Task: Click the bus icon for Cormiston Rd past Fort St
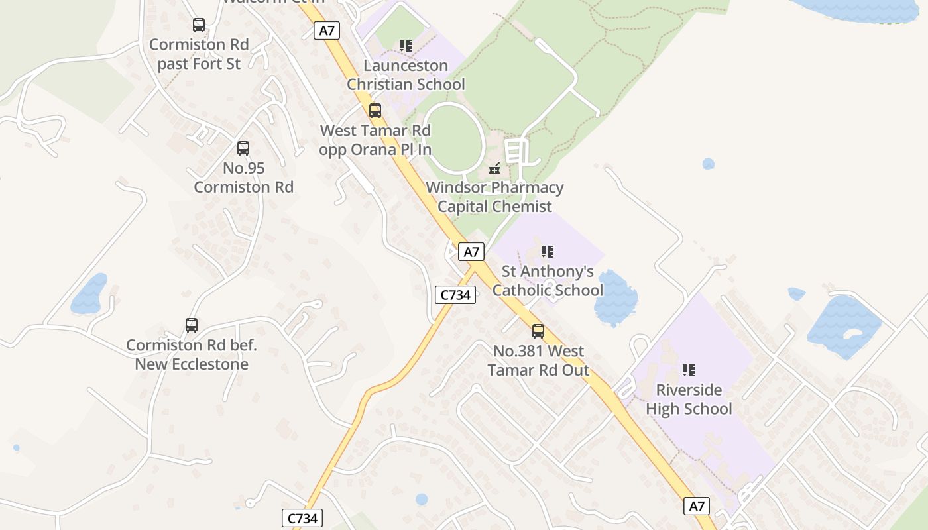(199, 25)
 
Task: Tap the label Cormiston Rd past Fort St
(199, 54)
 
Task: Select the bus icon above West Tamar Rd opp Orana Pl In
(375, 111)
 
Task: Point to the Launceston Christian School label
(406, 75)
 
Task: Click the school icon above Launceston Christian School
(406, 46)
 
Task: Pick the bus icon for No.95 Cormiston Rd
(243, 148)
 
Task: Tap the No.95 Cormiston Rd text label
(243, 178)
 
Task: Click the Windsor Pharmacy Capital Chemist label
(494, 197)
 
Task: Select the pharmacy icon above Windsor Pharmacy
(494, 168)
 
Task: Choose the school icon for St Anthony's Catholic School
(548, 252)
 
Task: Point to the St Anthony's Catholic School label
(548, 281)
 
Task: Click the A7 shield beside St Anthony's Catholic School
(471, 252)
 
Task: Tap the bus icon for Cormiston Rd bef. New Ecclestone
(192, 325)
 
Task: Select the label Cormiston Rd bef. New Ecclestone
(192, 354)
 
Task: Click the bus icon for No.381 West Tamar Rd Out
(538, 331)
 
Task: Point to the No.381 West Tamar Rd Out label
(538, 360)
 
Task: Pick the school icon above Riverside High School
(689, 370)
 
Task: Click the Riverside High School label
(689, 399)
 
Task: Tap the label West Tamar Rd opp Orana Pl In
(375, 140)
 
